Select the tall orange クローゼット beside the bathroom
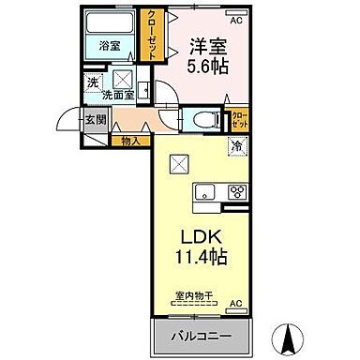(149, 36)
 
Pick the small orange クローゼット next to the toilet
(241, 120)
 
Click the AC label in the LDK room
(235, 302)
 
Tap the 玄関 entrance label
(97, 119)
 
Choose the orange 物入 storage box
(131, 140)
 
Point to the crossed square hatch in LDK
(179, 163)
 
